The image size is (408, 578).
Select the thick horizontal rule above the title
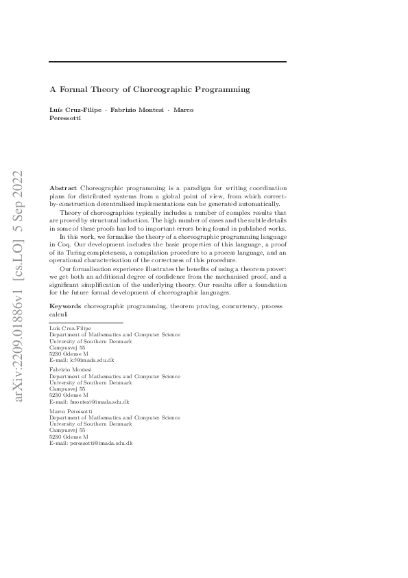click(x=168, y=62)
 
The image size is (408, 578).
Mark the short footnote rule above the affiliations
click(x=86, y=322)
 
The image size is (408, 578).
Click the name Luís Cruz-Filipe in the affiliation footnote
click(x=71, y=329)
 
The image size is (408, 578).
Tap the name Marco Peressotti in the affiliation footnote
click(x=73, y=411)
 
